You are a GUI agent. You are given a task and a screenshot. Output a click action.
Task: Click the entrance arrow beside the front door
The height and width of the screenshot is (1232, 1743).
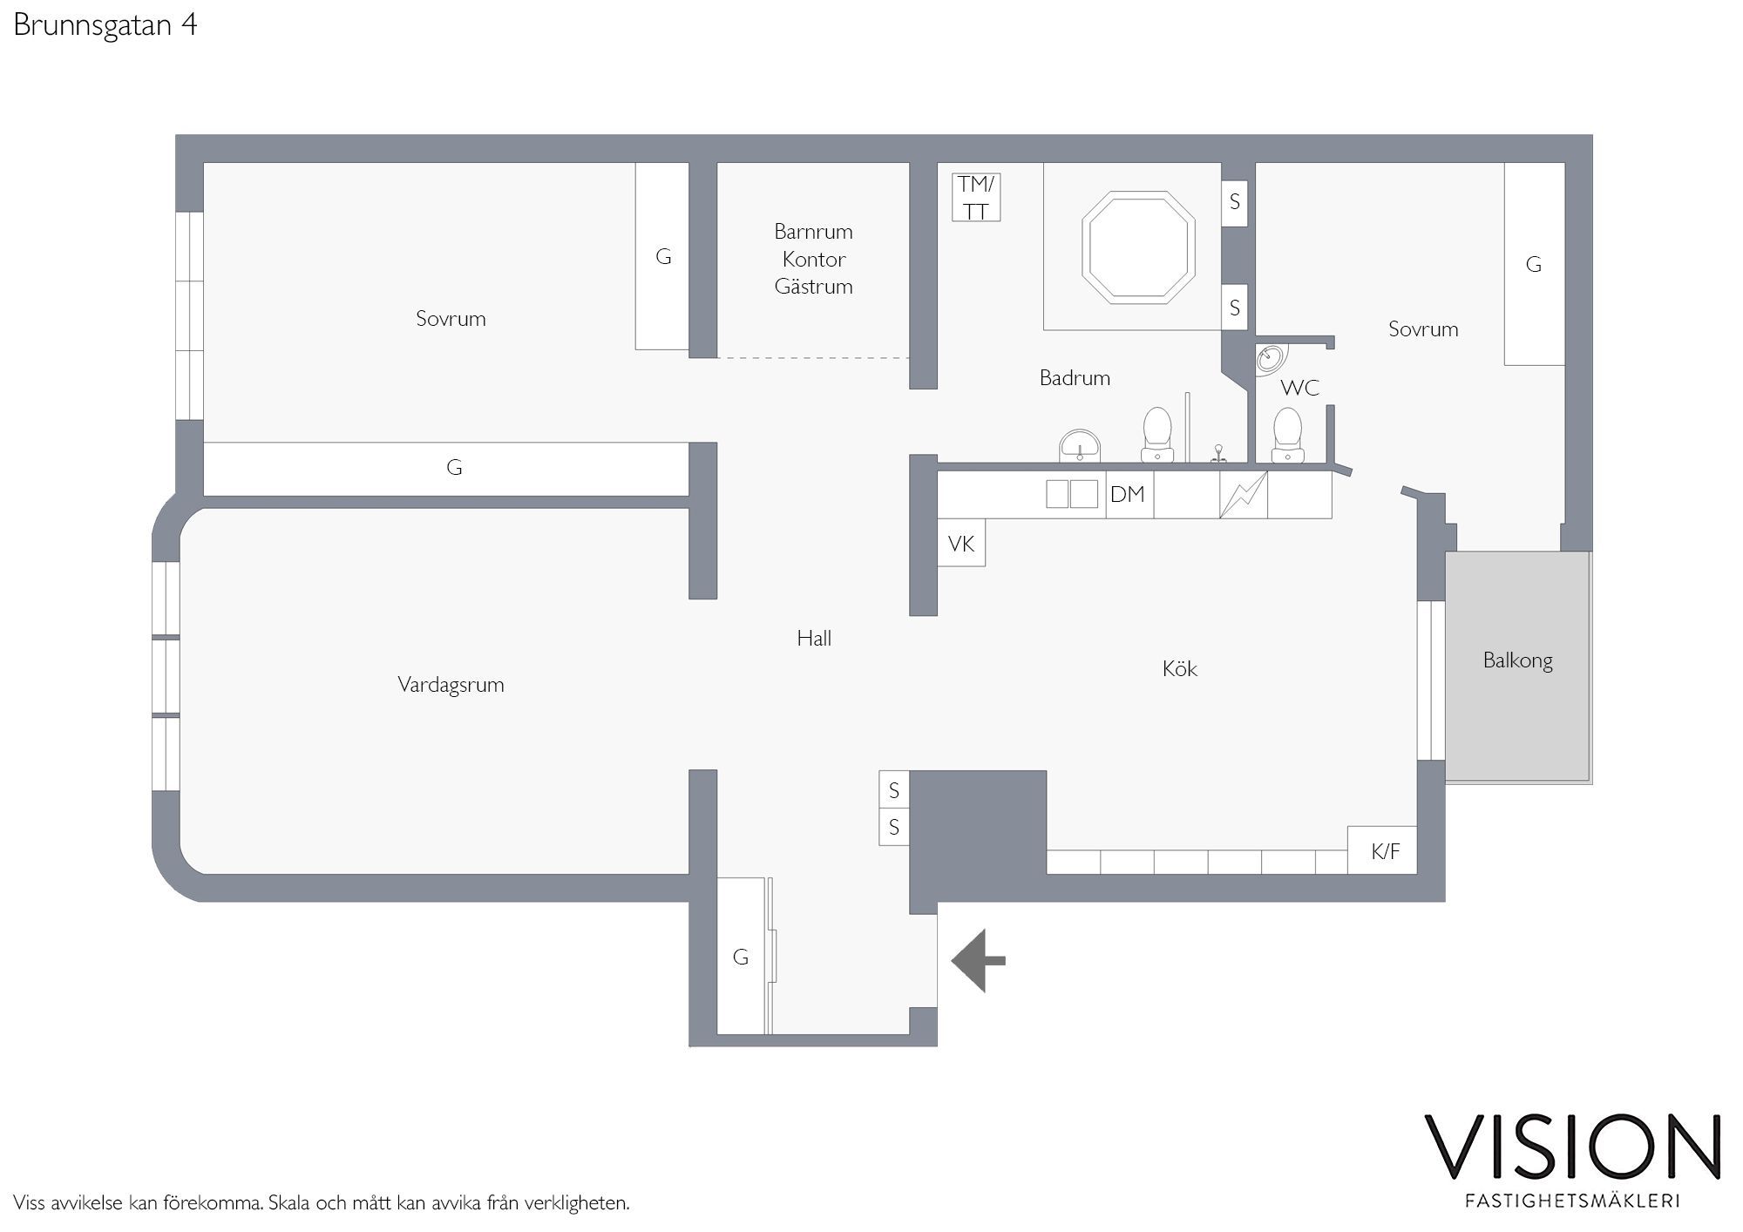click(977, 960)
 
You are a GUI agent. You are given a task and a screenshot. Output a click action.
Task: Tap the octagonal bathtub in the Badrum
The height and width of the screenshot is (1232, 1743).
click(1138, 248)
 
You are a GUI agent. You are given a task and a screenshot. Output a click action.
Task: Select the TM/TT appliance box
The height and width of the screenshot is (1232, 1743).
click(976, 197)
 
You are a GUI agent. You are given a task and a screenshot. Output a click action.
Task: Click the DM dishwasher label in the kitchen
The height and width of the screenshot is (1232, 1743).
click(1127, 495)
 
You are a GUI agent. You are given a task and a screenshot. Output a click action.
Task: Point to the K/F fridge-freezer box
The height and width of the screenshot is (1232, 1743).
click(1382, 850)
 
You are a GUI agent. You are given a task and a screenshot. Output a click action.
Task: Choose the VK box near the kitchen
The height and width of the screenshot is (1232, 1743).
click(961, 543)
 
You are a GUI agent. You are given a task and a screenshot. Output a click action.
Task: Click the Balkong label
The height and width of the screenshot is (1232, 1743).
click(1517, 661)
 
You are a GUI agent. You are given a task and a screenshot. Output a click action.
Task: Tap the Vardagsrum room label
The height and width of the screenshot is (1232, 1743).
click(451, 685)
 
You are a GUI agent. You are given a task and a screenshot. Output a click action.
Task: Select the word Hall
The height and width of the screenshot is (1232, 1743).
click(814, 638)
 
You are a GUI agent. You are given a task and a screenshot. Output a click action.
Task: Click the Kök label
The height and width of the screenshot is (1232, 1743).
click(1180, 668)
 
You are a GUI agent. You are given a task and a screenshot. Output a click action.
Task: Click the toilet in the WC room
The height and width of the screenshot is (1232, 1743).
click(1287, 435)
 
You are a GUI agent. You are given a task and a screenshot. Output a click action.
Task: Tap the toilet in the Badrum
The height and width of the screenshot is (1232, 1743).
click(1157, 434)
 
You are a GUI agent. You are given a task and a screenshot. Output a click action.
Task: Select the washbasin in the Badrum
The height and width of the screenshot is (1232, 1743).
click(1081, 445)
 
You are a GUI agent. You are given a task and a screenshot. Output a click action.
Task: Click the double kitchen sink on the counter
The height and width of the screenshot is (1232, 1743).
click(1072, 494)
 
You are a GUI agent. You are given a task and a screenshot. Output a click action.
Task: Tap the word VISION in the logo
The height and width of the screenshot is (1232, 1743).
click(1572, 1147)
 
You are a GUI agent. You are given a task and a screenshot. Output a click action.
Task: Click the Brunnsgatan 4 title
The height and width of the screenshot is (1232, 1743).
click(105, 25)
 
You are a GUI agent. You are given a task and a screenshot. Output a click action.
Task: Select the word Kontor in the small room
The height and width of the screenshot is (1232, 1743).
click(814, 259)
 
